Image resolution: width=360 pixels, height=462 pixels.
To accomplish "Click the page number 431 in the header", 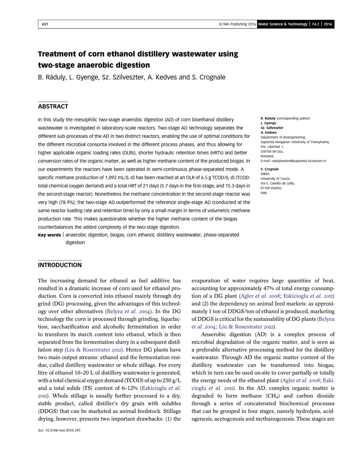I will (x=45, y=24).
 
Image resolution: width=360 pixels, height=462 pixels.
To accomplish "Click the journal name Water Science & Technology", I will (x=283, y=24).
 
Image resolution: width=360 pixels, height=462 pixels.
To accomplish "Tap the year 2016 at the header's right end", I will (x=328, y=24).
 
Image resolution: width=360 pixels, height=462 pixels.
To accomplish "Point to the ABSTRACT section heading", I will (x=53, y=106).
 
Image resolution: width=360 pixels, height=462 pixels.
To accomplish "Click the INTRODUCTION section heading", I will (x=60, y=265).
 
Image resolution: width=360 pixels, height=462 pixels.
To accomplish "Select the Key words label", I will (x=49, y=235).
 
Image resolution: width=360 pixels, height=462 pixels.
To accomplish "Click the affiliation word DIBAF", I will (x=264, y=174).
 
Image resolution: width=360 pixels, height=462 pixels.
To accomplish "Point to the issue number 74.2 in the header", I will (x=316, y=24).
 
